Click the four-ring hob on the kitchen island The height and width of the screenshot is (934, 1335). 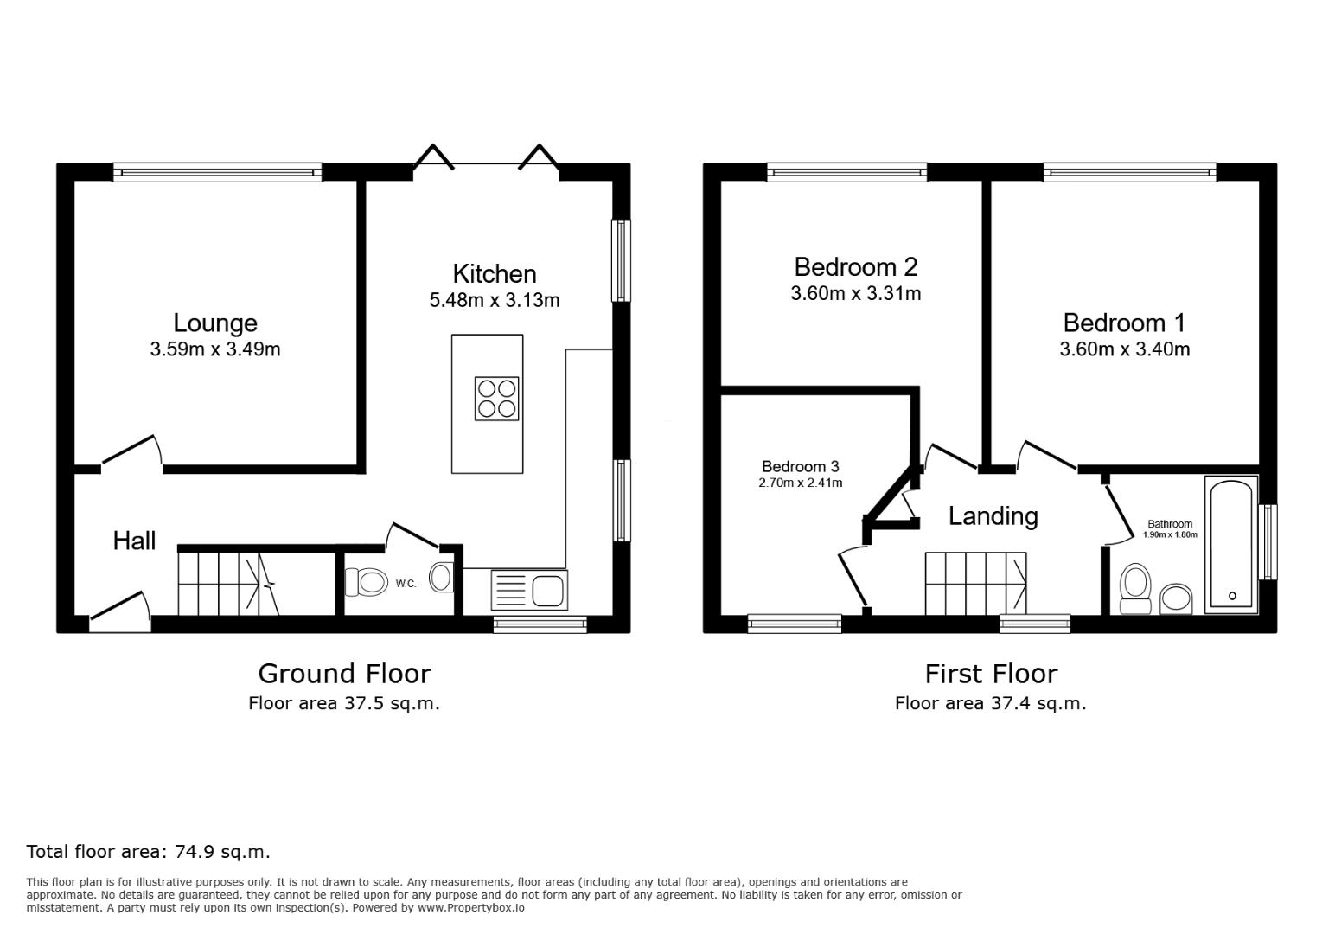(497, 399)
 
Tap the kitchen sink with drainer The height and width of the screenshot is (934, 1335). (528, 590)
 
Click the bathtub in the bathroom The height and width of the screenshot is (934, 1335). (1231, 545)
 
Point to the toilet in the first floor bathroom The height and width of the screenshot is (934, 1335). (1134, 587)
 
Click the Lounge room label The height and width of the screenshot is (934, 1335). (215, 323)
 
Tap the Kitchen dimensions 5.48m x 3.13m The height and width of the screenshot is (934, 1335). (495, 300)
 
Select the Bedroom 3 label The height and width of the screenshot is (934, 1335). (800, 466)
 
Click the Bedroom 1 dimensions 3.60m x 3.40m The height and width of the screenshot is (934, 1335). (1124, 349)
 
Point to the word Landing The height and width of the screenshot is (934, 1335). (993, 516)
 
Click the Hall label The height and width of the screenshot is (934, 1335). (134, 541)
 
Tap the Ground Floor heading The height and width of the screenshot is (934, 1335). (344, 673)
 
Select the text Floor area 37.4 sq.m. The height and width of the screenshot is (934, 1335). (990, 703)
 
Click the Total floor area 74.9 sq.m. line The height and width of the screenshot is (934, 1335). (148, 851)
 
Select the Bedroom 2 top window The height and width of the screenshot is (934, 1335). (846, 173)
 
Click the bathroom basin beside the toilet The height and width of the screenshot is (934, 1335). (1175, 597)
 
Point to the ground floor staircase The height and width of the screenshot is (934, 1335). (229, 585)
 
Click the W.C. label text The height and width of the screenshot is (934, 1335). (406, 584)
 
